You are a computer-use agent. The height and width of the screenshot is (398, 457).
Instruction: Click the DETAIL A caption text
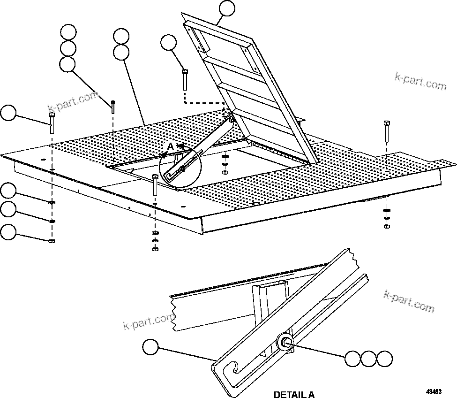click(294, 394)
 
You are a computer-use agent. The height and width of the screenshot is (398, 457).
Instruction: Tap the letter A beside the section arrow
click(171, 146)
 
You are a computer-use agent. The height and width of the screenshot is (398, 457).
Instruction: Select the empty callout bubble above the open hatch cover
click(227, 8)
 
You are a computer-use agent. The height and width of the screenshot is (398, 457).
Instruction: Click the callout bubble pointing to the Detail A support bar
click(150, 348)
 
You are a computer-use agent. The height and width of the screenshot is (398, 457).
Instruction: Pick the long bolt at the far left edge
click(51, 123)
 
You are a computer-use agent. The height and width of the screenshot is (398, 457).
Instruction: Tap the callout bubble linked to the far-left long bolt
click(8, 114)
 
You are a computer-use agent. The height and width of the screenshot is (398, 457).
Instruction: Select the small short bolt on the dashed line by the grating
click(113, 107)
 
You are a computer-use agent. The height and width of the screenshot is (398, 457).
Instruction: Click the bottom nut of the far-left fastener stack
click(52, 241)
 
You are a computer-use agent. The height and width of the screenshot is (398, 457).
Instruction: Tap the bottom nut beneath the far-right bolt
click(386, 226)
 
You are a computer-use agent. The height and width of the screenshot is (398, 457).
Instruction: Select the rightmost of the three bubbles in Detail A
click(385, 359)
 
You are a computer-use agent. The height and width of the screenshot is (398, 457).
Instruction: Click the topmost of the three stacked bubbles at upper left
click(68, 31)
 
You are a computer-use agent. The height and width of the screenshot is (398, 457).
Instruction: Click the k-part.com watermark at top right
click(421, 83)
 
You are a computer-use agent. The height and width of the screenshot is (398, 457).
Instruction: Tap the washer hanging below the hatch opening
click(225, 156)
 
